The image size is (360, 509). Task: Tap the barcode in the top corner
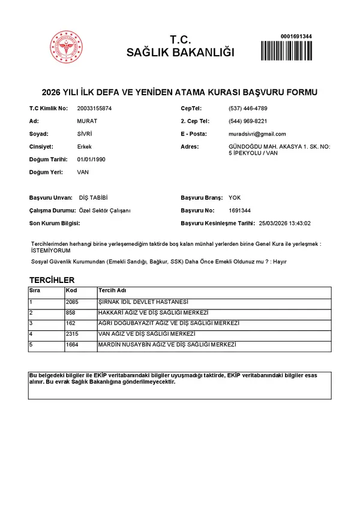coord(286,49)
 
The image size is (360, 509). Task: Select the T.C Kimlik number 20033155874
coord(95,109)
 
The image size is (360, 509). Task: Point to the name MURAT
coord(88,121)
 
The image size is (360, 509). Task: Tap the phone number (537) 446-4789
coord(248,109)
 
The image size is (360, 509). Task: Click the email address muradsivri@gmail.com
coord(257,134)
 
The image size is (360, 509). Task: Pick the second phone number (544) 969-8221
coord(248,121)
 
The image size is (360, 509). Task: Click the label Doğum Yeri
coord(46,172)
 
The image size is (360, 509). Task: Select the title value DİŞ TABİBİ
coord(94,198)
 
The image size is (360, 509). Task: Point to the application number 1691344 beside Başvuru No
coord(239,210)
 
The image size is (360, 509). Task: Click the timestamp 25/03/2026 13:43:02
coord(284,223)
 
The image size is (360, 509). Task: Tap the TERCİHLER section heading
coord(52,280)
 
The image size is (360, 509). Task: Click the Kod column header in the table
coord(71,291)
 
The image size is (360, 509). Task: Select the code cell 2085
coord(73,302)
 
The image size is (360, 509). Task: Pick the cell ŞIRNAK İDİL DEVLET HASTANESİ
coord(143,302)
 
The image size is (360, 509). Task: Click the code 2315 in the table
coord(73,333)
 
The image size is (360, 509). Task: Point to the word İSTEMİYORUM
coord(49,251)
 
